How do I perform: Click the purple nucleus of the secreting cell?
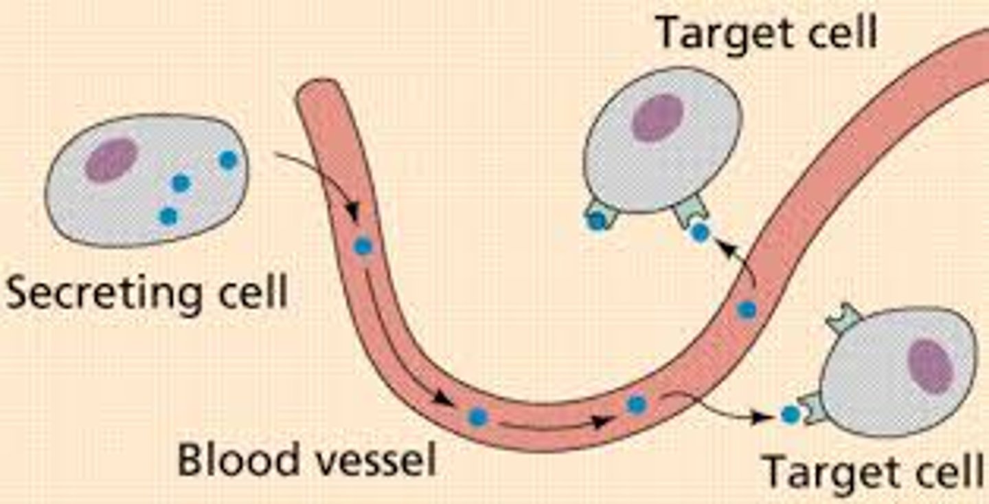pos(111,160)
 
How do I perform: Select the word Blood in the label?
pos(229,459)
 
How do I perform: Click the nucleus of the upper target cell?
pos(657,118)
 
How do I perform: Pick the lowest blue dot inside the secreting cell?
pos(168,216)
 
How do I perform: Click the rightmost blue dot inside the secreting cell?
pos(228,160)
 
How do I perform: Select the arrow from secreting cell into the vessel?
pos(319,179)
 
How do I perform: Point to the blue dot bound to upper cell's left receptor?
pos(596,220)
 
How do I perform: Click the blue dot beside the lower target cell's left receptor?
pos(791,415)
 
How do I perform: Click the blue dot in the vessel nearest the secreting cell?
pos(363,245)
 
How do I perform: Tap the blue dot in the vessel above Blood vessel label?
pos(477,416)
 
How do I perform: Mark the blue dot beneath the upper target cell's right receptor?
pos(700,232)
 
